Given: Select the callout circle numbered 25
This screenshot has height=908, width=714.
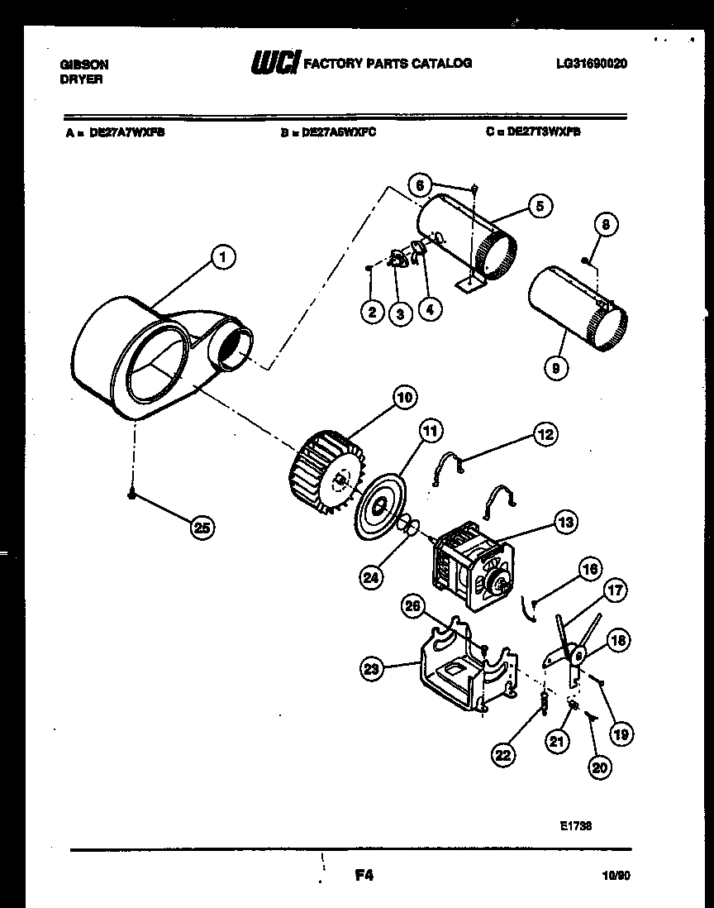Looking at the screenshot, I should pos(200,527).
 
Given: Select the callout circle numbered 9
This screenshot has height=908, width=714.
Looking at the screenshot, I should pos(555,366).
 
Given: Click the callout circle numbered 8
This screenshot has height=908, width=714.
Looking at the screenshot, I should pos(606,223).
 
